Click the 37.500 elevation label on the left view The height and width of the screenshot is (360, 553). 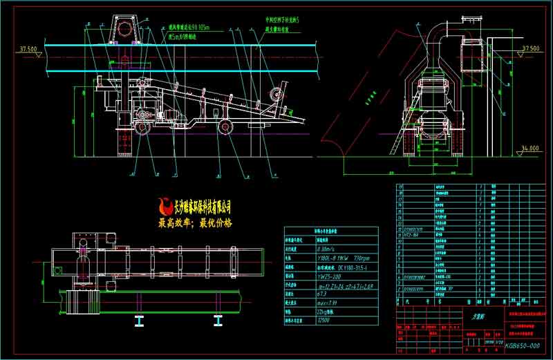pyautogui.click(x=28, y=49)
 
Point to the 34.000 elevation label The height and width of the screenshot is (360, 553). pyautogui.click(x=529, y=148)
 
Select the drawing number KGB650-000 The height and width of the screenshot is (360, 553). pyautogui.click(x=522, y=345)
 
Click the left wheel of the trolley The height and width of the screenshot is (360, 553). pyautogui.click(x=141, y=129)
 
